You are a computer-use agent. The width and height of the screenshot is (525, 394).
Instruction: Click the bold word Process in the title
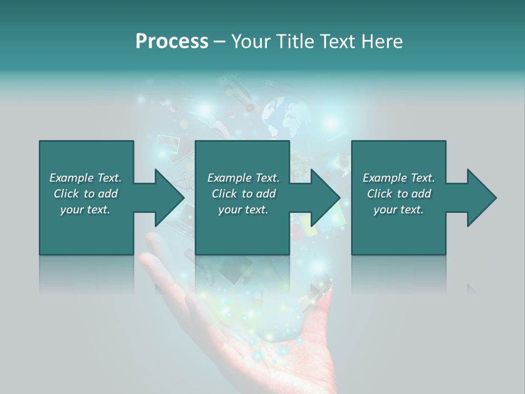tap(172, 42)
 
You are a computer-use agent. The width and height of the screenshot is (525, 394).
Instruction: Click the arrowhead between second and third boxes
tap(325, 198)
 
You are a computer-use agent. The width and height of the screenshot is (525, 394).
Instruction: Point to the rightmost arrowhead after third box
tap(481, 198)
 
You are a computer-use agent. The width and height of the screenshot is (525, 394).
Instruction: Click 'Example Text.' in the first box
tap(85, 178)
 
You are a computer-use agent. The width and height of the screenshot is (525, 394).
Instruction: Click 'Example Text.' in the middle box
tap(243, 178)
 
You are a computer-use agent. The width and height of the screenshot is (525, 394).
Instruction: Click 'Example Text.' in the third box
tap(399, 178)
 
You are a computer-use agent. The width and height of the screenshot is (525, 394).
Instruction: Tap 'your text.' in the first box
tap(85, 210)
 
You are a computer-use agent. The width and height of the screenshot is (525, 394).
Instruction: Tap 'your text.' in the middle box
tap(243, 210)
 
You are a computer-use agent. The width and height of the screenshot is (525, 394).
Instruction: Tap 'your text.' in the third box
tap(399, 210)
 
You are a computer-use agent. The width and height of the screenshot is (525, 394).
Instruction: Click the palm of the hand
tap(273, 350)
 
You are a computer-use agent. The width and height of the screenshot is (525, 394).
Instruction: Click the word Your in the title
tap(249, 42)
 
